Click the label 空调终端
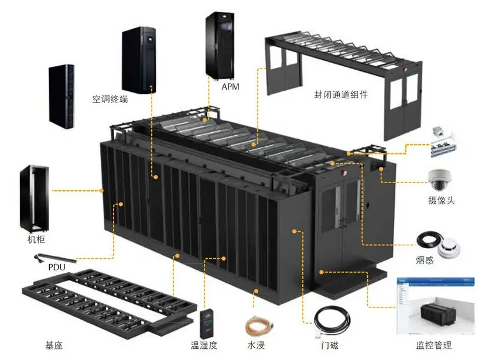click(x=110, y=99)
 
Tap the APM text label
click(x=230, y=87)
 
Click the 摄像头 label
click(x=441, y=201)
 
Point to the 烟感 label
click(x=425, y=260)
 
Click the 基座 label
click(x=54, y=345)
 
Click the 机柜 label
click(x=36, y=240)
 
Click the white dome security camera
click(x=441, y=178)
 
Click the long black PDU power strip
click(x=57, y=257)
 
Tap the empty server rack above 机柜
click(x=33, y=198)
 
